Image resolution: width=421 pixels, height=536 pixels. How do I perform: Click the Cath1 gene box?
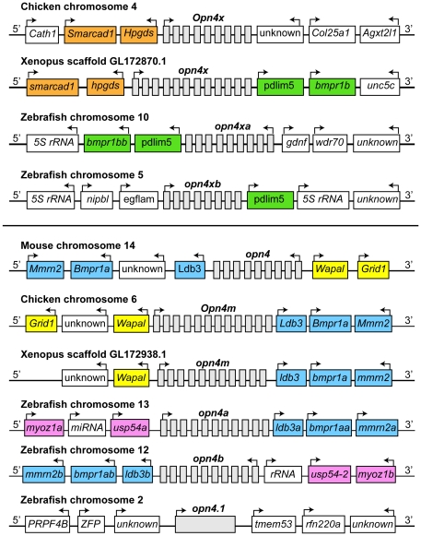pyautogui.click(x=42, y=34)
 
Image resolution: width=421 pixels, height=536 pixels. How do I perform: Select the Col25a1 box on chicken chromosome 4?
pyautogui.click(x=332, y=34)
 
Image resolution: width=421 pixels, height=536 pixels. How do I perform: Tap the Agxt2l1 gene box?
pyautogui.click(x=380, y=34)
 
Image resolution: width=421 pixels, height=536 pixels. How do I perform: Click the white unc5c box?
pyautogui.click(x=380, y=87)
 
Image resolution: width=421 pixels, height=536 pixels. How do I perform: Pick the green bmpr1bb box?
pyautogui.click(x=107, y=143)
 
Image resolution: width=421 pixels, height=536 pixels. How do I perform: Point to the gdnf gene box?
pyautogui.click(x=296, y=143)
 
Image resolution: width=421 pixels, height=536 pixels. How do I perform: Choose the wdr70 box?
pyautogui.click(x=330, y=143)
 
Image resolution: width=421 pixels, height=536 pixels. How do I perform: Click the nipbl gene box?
pyautogui.click(x=97, y=199)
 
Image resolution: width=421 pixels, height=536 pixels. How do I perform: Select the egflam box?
pyautogui.click(x=138, y=199)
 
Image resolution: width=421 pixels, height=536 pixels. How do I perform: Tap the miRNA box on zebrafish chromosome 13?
pyautogui.click(x=88, y=428)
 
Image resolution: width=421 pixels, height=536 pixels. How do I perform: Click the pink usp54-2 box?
pyautogui.click(x=330, y=474)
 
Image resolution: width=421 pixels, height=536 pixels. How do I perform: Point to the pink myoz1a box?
pyautogui.click(x=44, y=428)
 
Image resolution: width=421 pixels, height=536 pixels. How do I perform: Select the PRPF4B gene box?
pyautogui.click(x=48, y=524)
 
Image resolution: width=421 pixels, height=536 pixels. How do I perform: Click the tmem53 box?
pyautogui.click(x=274, y=524)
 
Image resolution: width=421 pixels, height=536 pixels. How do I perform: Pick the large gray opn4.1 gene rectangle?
pyautogui.click(x=205, y=524)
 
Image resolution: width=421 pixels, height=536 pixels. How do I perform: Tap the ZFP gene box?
pyautogui.click(x=91, y=524)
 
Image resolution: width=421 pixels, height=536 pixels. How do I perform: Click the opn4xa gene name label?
pyautogui.click(x=232, y=126)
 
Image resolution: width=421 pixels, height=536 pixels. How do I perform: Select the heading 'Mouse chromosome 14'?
pyautogui.click(x=78, y=245)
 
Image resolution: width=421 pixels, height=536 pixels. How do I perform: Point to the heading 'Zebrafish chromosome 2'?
pyautogui.click(x=82, y=500)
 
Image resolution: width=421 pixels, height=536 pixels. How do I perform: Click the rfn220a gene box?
pyautogui.click(x=323, y=524)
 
